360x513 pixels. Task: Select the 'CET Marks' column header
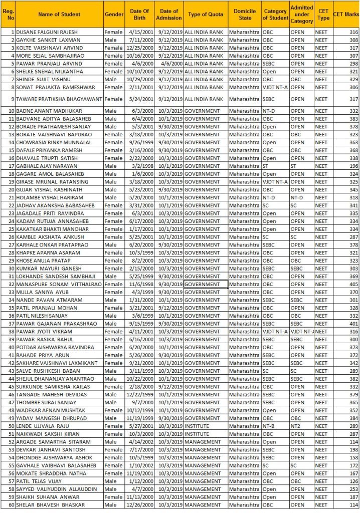(x=345, y=15)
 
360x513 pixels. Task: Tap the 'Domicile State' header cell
(x=245, y=15)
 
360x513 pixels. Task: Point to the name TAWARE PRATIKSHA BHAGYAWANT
(x=60, y=99)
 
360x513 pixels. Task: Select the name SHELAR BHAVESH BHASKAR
(x=51, y=504)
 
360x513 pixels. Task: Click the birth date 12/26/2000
(x=136, y=504)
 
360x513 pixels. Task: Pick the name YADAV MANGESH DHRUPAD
(x=51, y=418)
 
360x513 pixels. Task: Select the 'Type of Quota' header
(x=205, y=15)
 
